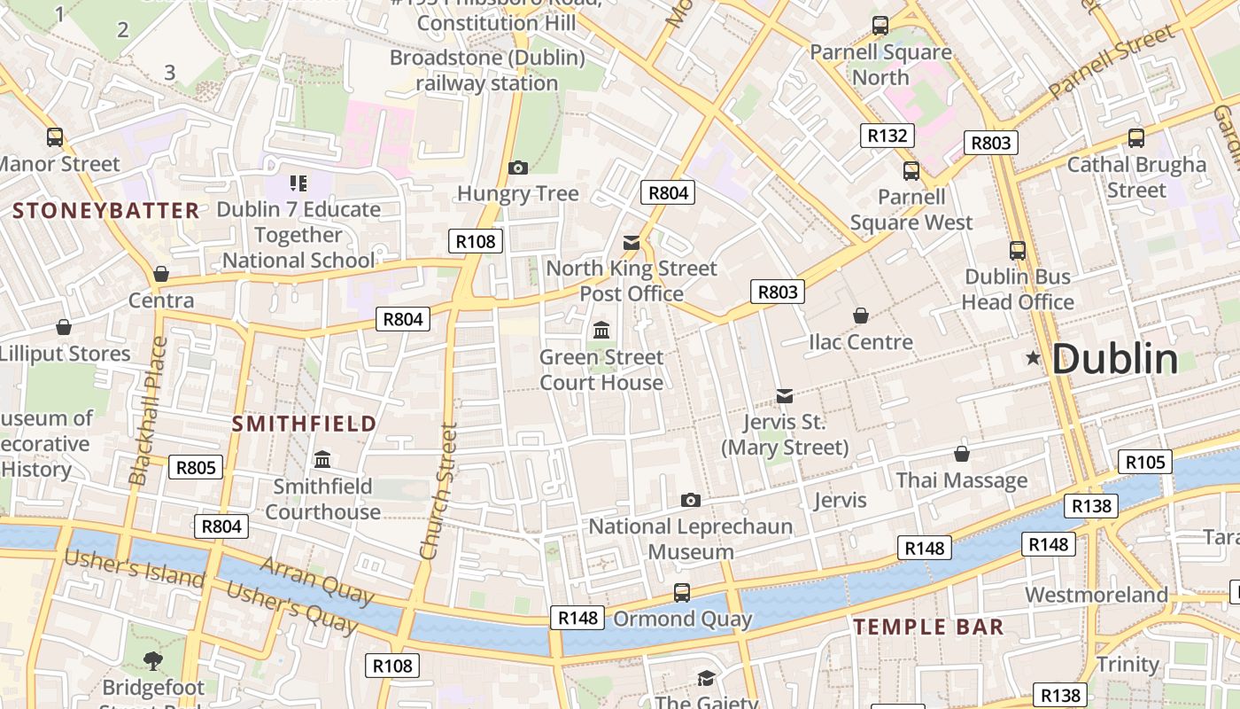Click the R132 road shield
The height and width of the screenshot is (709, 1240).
887,136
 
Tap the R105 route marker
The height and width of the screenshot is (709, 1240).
1145,462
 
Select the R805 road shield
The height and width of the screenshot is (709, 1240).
196,467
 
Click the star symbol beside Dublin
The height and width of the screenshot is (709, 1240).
1033,359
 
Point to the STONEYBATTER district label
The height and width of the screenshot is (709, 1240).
106,211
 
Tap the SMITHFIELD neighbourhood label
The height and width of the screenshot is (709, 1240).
305,424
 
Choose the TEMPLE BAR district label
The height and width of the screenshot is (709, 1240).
928,627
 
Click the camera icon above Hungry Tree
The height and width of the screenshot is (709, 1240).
518,168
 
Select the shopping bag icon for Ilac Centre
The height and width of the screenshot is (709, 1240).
860,316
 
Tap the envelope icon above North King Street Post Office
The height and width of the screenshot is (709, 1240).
632,242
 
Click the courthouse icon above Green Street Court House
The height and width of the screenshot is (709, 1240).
601,331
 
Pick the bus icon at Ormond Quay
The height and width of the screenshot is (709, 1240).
682,592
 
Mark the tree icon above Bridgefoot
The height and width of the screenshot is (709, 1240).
153,660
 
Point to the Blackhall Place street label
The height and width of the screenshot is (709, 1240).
148,411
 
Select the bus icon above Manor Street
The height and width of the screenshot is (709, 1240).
55,137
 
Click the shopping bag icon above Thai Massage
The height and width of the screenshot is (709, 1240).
962,454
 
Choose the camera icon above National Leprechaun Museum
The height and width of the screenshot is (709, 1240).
691,501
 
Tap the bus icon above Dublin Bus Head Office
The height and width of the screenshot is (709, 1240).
1018,251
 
